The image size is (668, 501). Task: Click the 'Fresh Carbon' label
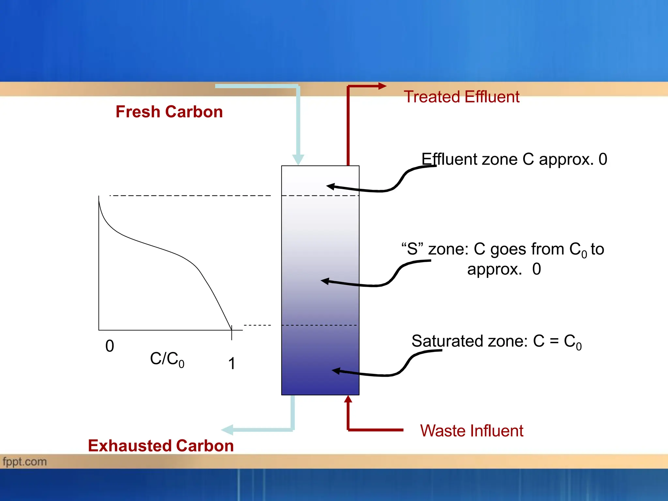click(169, 112)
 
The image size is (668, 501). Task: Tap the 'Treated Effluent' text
click(461, 97)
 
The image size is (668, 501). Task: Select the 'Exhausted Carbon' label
click(161, 446)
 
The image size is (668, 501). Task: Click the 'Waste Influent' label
click(471, 431)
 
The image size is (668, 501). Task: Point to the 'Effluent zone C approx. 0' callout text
click(514, 159)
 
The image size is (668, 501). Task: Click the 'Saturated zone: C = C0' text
click(496, 342)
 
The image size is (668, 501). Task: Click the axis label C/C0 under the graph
click(167, 359)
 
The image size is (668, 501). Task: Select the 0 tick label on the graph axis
click(110, 346)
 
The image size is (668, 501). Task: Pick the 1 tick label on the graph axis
click(232, 363)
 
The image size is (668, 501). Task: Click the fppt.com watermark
click(25, 462)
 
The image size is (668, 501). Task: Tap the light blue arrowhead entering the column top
click(298, 159)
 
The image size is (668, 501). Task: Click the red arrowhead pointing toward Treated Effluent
click(382, 86)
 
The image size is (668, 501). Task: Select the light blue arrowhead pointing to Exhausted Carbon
click(227, 430)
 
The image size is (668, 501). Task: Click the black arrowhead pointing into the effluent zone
click(331, 187)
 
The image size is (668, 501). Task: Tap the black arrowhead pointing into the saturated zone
click(336, 371)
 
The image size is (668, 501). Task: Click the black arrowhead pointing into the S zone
click(325, 281)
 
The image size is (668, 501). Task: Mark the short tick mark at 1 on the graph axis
click(232, 333)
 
